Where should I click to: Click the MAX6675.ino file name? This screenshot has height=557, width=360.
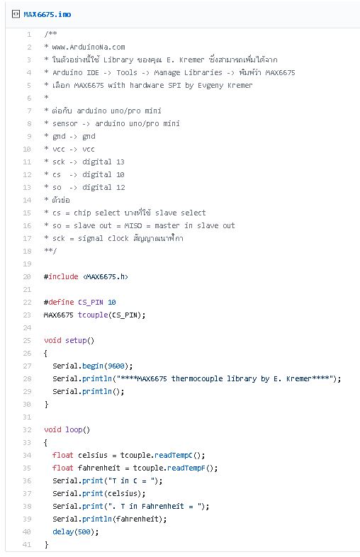click(47, 15)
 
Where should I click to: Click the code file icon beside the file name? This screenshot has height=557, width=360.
click(16, 14)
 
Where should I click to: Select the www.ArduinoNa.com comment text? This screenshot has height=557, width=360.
click(89, 47)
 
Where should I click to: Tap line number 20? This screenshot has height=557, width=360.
click(27, 276)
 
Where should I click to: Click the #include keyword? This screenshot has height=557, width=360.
click(61, 276)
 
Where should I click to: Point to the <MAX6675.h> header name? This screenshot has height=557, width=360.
click(106, 276)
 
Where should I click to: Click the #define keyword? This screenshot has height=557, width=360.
click(59, 303)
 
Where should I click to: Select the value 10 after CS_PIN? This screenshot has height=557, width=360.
click(112, 303)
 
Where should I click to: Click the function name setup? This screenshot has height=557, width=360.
click(76, 340)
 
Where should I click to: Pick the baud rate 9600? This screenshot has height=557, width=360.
click(116, 366)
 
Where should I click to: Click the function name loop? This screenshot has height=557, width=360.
click(74, 430)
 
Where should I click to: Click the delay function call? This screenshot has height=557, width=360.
click(63, 531)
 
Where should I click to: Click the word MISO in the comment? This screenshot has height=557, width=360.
click(133, 225)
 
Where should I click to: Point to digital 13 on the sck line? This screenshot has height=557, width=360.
click(103, 162)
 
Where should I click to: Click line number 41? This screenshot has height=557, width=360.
click(27, 544)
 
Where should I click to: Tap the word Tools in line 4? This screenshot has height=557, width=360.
click(127, 72)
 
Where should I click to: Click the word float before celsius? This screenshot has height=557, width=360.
click(63, 456)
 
